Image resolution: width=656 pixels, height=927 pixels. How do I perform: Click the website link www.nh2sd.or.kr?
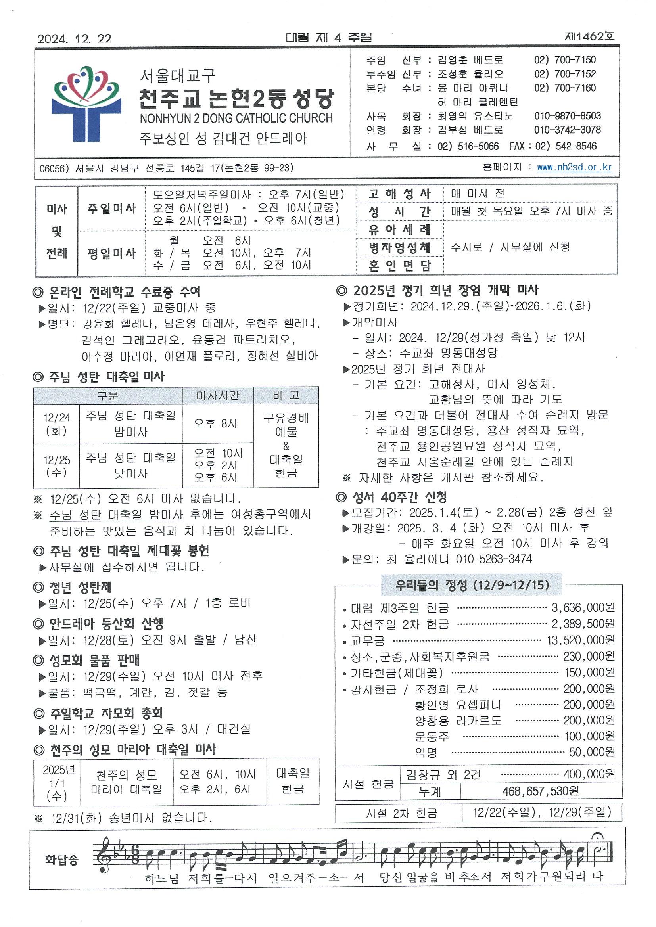tap(574, 167)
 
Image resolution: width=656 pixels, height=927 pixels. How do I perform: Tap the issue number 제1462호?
tap(589, 37)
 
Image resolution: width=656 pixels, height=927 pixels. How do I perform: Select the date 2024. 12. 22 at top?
tap(74, 39)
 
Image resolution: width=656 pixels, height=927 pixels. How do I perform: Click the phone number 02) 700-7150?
tap(565, 60)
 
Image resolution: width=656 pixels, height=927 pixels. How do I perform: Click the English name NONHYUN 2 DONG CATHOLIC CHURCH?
tap(236, 118)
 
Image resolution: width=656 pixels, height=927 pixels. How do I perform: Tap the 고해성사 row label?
tap(399, 193)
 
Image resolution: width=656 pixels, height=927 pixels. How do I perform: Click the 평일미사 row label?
tap(112, 253)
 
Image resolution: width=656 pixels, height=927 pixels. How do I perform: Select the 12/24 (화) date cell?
tap(57, 424)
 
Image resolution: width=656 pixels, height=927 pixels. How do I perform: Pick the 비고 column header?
tap(286, 396)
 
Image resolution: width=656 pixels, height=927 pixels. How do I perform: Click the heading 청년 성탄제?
tap(81, 587)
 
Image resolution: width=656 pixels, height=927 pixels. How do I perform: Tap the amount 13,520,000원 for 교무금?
tap(581, 640)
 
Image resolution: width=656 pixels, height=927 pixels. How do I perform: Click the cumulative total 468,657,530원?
tap(541, 791)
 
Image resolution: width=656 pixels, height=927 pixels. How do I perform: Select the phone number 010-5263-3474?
tap(494, 559)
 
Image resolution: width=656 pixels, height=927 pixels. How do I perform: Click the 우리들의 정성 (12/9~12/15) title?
tap(472, 585)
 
